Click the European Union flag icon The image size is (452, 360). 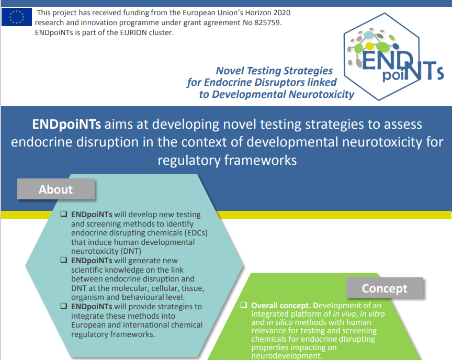point(17,17)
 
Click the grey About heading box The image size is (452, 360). point(56,189)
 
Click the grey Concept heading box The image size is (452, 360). point(385,288)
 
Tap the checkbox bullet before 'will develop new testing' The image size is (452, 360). point(63,215)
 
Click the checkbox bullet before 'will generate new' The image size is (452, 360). point(63,260)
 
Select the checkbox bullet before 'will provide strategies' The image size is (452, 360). point(63,306)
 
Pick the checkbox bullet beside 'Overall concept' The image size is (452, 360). point(244,305)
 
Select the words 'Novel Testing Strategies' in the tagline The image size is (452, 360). point(274,71)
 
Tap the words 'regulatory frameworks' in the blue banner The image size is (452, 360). point(227,160)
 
